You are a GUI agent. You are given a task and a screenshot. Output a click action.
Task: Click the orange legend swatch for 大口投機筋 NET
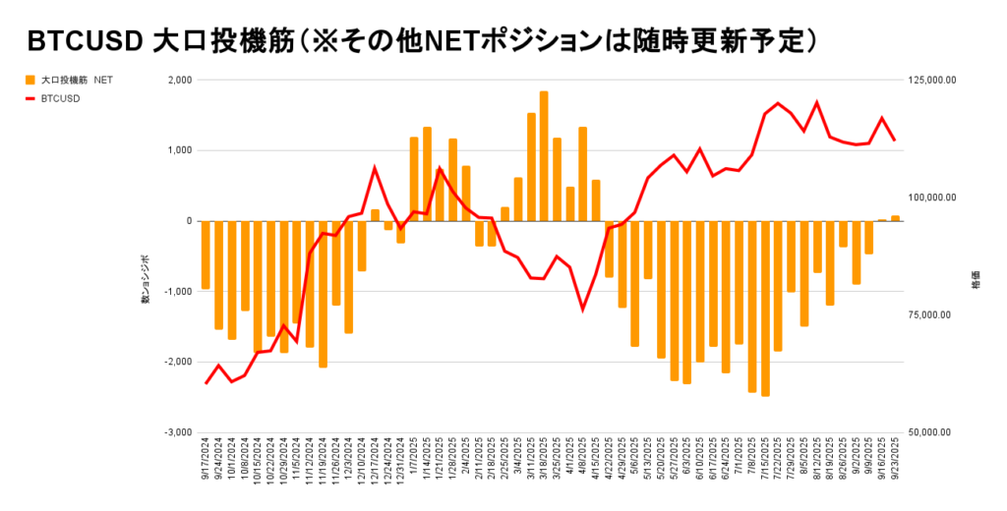pos(30,80)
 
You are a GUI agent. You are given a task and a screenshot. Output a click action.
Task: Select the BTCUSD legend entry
pos(60,98)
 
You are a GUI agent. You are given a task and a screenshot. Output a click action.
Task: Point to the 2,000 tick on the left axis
pos(178,81)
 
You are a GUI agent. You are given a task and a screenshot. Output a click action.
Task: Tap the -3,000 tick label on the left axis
pos(177,432)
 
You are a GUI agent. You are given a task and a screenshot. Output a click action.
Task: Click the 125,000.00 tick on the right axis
pos(930,81)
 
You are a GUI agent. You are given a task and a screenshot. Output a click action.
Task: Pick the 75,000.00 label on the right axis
pos(932,315)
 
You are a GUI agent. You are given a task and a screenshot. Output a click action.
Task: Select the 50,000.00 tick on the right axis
pos(932,432)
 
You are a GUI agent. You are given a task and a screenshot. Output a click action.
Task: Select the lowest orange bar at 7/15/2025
pos(765,309)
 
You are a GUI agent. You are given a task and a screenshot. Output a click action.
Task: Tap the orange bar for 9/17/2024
pos(206,255)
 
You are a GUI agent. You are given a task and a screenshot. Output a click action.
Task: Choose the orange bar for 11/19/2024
pos(323,294)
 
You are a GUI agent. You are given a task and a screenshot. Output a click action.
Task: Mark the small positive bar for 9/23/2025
pos(895,218)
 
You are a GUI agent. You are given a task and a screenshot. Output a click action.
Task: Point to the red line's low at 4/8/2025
pos(582,310)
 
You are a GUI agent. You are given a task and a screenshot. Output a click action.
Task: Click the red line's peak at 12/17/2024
pos(375,168)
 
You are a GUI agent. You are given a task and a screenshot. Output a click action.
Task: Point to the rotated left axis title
pos(145,278)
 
